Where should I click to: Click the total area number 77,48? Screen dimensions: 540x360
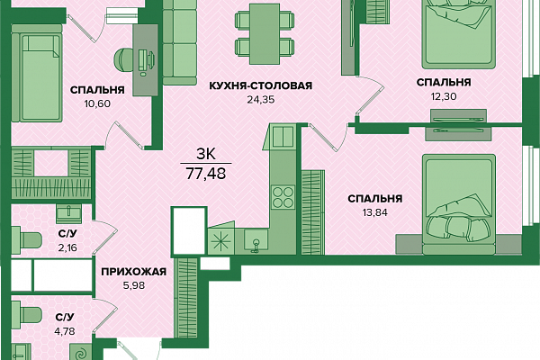206,174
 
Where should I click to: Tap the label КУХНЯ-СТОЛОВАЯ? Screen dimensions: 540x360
261,85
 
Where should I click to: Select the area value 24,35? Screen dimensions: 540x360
261,100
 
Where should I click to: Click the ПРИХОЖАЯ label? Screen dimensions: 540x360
133,272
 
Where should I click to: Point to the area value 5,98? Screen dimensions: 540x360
133,285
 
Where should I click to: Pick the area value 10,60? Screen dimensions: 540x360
97,103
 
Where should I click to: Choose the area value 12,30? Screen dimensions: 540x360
444,96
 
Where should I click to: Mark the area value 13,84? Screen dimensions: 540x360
374,212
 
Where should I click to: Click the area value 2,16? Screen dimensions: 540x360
67,247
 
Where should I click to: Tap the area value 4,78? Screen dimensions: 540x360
65,331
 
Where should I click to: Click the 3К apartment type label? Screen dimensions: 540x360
206,154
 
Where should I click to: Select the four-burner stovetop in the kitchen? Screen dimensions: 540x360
283,197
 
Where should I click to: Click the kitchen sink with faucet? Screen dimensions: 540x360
256,240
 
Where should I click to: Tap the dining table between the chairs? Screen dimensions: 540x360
265,34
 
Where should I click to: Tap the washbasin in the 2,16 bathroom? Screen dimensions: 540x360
68,211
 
